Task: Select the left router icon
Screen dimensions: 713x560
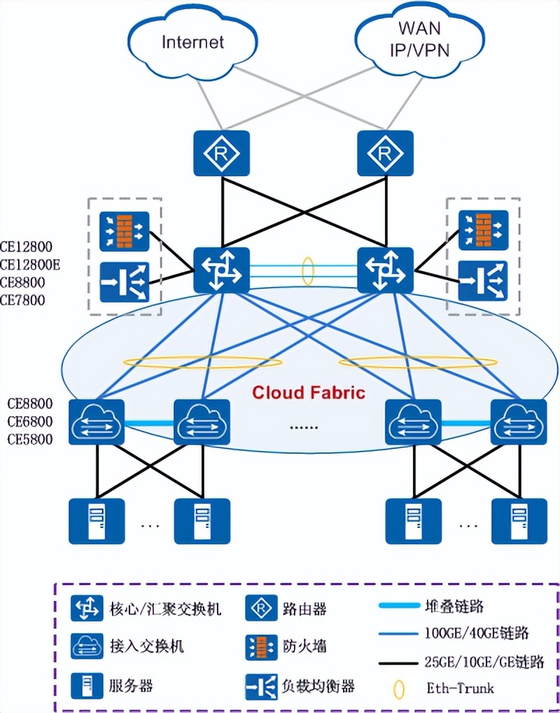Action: pos(221,153)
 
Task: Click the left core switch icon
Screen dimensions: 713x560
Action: pos(221,270)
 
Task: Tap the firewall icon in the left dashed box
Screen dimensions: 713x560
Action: pos(125,231)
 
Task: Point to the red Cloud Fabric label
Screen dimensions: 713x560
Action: pos(309,392)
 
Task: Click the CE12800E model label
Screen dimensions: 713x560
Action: pos(31,265)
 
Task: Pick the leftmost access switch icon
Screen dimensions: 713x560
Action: pos(97,422)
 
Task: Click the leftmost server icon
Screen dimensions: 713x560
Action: pos(97,521)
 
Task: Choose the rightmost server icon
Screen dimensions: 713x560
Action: pos(519,521)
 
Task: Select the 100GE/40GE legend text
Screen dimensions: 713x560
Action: pos(476,634)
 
